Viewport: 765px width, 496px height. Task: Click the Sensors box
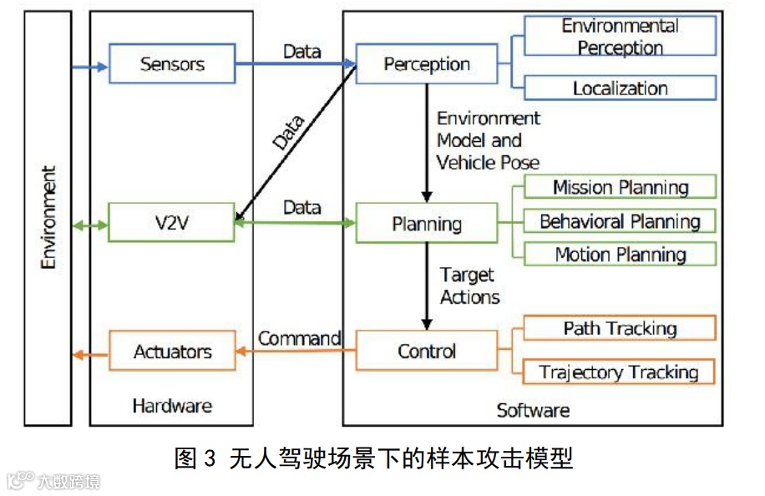click(172, 64)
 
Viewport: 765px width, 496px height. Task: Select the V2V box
click(172, 223)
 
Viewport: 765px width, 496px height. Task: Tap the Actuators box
click(172, 352)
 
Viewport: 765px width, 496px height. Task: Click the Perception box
click(426, 64)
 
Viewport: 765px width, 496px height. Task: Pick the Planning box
click(426, 224)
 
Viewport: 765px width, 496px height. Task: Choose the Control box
click(426, 351)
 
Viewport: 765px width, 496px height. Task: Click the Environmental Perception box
click(620, 37)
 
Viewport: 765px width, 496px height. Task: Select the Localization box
click(620, 88)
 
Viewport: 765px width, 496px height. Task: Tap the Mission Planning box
click(620, 187)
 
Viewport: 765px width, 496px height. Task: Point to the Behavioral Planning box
click(620, 221)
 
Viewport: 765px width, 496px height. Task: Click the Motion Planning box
click(620, 255)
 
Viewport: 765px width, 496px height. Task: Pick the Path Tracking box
click(619, 328)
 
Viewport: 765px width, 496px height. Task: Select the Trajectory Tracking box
click(619, 372)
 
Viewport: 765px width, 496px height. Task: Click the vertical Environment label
click(48, 217)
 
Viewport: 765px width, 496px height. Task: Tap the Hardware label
click(172, 407)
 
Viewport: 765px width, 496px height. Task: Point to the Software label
click(533, 410)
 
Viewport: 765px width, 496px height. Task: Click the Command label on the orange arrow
click(299, 338)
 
